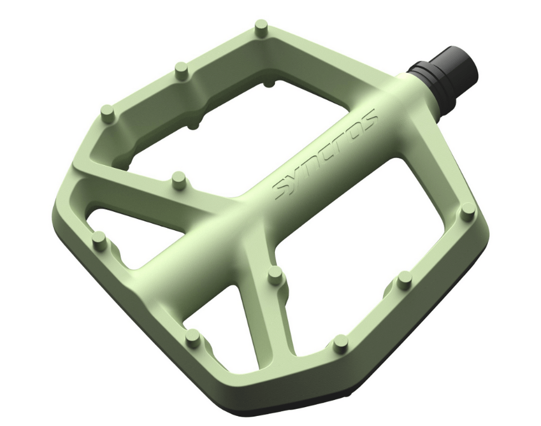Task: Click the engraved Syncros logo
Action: [x=327, y=153]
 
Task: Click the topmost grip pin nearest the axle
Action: [x=261, y=27]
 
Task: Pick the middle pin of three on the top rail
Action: [x=181, y=70]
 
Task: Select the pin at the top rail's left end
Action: [x=108, y=113]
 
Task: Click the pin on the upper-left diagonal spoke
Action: [x=178, y=179]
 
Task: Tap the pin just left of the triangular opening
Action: [x=99, y=240]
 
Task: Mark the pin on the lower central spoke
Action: [x=274, y=275]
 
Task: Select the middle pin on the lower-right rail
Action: [x=405, y=279]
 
